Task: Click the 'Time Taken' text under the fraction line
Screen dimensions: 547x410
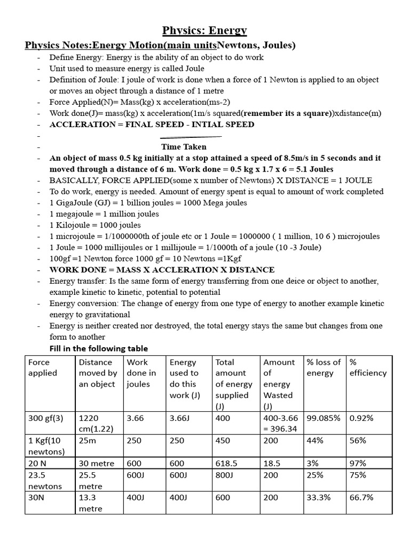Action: point(184,146)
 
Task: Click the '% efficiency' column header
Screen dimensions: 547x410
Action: point(369,368)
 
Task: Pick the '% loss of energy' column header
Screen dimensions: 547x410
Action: point(324,368)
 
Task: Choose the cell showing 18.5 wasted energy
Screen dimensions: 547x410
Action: point(273,463)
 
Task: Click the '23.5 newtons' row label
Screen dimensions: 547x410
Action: point(45,480)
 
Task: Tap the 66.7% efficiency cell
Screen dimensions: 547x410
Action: point(361,497)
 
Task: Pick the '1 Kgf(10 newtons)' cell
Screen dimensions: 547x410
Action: point(46,446)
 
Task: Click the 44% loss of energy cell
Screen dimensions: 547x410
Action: point(316,441)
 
